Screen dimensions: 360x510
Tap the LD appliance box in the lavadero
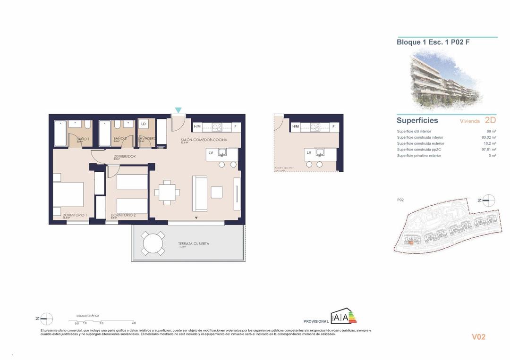point(143,124)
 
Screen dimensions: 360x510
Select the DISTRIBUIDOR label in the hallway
point(125,156)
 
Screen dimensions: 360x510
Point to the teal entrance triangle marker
point(178,110)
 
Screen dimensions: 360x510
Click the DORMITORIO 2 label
point(123,215)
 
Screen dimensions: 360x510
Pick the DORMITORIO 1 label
point(75,215)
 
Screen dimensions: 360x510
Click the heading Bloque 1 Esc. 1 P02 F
point(433,42)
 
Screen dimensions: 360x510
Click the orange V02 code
point(478,337)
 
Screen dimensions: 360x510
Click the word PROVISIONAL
point(316,321)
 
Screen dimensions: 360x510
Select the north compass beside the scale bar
point(46,319)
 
